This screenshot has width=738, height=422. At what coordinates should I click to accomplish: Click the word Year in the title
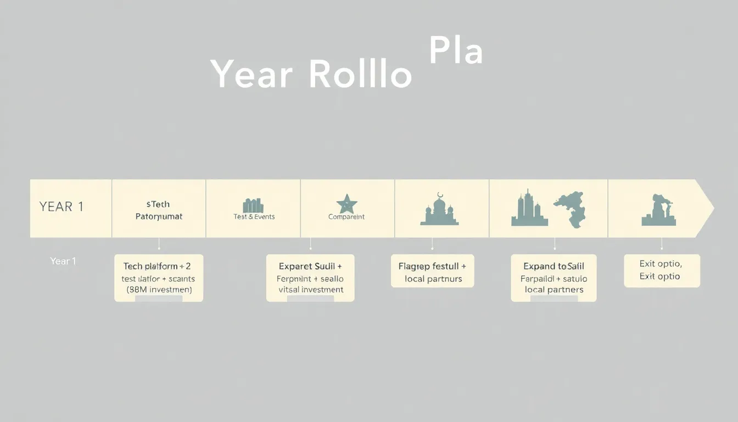tap(251, 74)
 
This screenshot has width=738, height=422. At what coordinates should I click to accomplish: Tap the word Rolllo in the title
tap(360, 74)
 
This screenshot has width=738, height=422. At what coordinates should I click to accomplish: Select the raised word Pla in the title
tap(455, 51)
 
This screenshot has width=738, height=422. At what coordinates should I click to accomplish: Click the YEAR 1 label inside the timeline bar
tap(62, 207)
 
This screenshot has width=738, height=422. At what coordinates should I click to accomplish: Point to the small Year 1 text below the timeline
tap(63, 261)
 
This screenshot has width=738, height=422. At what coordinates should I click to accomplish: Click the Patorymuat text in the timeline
tap(159, 216)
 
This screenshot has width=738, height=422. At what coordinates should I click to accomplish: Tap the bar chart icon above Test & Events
tap(253, 206)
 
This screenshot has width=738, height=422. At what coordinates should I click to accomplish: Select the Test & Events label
tap(254, 217)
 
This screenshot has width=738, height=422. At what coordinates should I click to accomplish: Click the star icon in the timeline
tap(346, 204)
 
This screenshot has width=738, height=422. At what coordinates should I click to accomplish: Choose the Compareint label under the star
tap(346, 217)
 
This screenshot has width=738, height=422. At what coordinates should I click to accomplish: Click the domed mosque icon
tap(439, 212)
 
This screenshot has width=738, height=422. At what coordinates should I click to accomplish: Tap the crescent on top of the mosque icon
tap(439, 195)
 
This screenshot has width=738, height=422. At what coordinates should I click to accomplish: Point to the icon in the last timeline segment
tap(659, 211)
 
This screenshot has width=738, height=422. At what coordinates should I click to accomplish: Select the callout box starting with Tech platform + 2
tap(159, 277)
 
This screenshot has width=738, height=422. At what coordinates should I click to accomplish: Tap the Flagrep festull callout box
tap(432, 271)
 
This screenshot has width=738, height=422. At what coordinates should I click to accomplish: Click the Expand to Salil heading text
tap(553, 266)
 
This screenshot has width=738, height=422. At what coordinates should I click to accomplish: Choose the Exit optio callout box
tap(662, 270)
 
